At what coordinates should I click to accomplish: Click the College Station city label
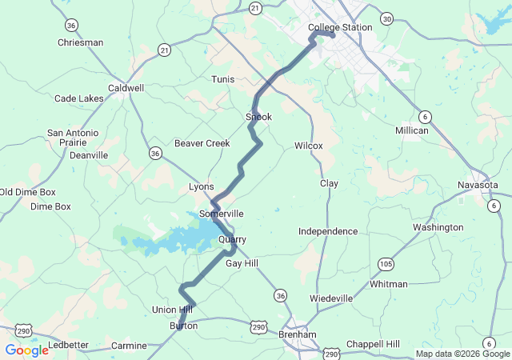tap(340, 27)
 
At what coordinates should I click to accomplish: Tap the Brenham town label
tap(298, 334)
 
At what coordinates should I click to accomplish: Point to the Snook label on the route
tap(258, 117)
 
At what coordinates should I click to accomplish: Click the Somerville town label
tap(221, 214)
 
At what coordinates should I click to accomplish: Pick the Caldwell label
tap(126, 88)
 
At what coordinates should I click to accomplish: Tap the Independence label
tap(328, 231)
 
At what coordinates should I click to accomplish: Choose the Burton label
tap(183, 326)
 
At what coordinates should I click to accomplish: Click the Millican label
tap(412, 130)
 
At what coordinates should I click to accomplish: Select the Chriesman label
tap(81, 42)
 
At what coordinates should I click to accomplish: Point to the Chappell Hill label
tap(373, 344)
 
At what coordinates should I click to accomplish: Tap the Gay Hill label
tap(242, 263)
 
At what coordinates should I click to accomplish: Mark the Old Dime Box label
tap(28, 192)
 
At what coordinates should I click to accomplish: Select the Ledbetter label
tap(68, 345)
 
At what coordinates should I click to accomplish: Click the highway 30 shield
tap(387, 18)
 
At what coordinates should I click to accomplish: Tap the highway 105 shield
tap(386, 263)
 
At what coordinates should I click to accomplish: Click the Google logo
tap(26, 350)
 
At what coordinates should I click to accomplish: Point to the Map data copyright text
tap(462, 354)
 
